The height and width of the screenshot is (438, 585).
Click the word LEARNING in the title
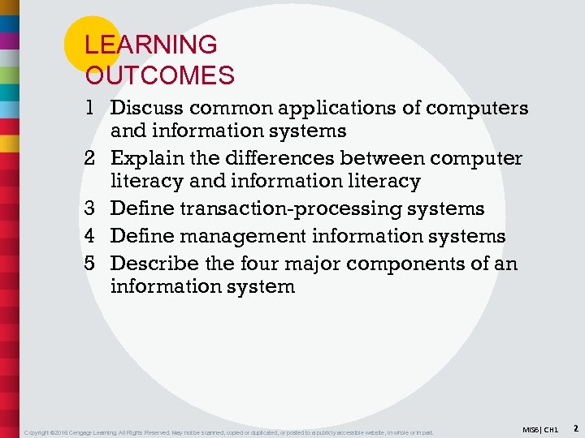151,45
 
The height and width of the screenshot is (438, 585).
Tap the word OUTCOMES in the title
160,76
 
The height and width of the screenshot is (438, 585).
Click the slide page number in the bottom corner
574,427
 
